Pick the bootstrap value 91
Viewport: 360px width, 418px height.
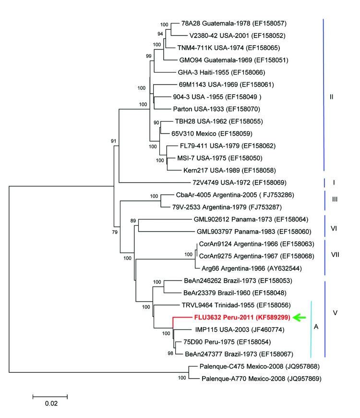pyautogui.click(x=114, y=141)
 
